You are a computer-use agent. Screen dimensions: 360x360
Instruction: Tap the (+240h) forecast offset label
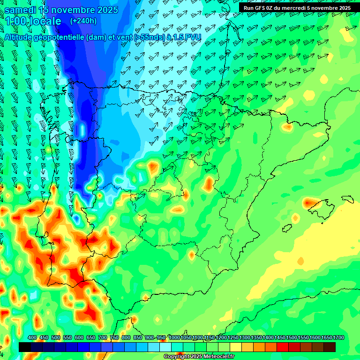point(83,21)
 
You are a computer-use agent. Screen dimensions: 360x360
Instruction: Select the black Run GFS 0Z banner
point(297,7)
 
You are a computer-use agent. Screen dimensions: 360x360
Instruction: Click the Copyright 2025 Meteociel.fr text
point(199,357)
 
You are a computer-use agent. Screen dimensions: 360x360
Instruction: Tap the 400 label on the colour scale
point(32,338)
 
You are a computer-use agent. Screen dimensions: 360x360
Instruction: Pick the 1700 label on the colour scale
point(338,338)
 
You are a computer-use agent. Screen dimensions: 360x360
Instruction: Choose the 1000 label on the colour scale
point(174,338)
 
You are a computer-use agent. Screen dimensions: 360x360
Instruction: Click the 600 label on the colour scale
point(79,338)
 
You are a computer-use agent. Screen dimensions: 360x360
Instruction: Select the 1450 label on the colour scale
point(280,338)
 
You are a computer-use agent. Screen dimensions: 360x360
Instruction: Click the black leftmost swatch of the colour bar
point(25,347)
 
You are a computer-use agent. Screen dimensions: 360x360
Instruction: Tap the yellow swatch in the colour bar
point(236,347)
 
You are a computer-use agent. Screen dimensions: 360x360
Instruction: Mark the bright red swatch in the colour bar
point(283,347)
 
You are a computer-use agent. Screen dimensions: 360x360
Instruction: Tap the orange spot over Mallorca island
point(309,203)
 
